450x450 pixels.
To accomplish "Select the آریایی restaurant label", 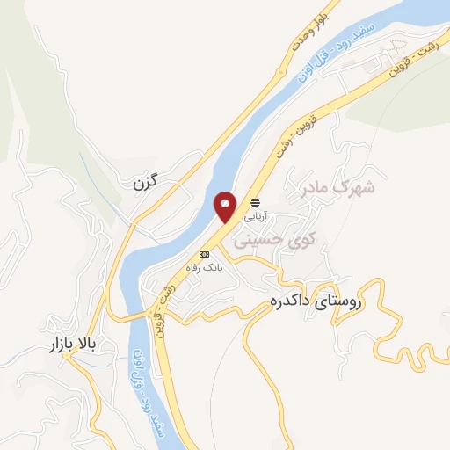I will point(254,214).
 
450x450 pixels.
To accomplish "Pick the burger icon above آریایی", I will point(255,201).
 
